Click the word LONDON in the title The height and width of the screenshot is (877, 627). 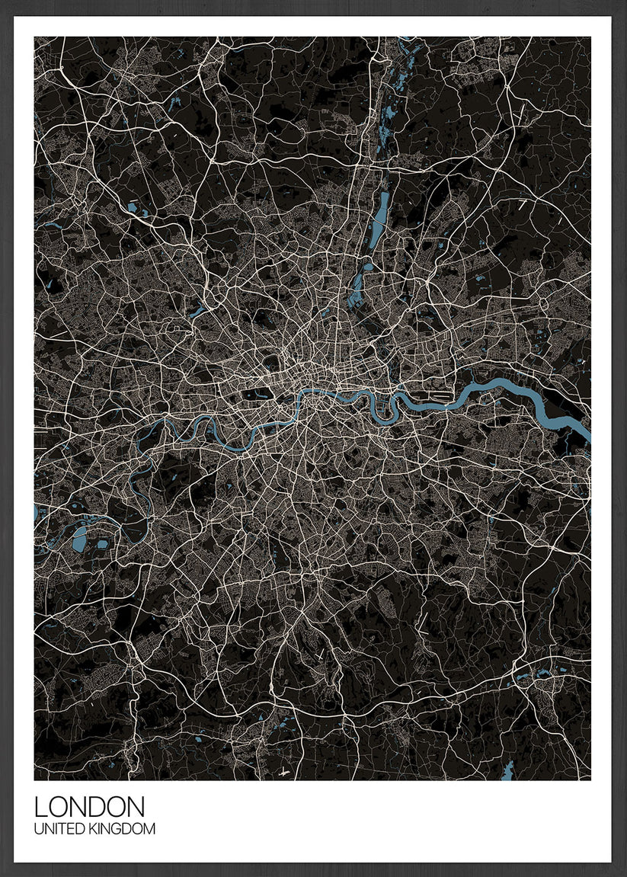pos(89,808)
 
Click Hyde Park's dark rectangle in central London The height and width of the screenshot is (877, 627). pos(258,394)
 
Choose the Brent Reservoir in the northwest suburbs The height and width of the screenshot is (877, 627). pos(197,312)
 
